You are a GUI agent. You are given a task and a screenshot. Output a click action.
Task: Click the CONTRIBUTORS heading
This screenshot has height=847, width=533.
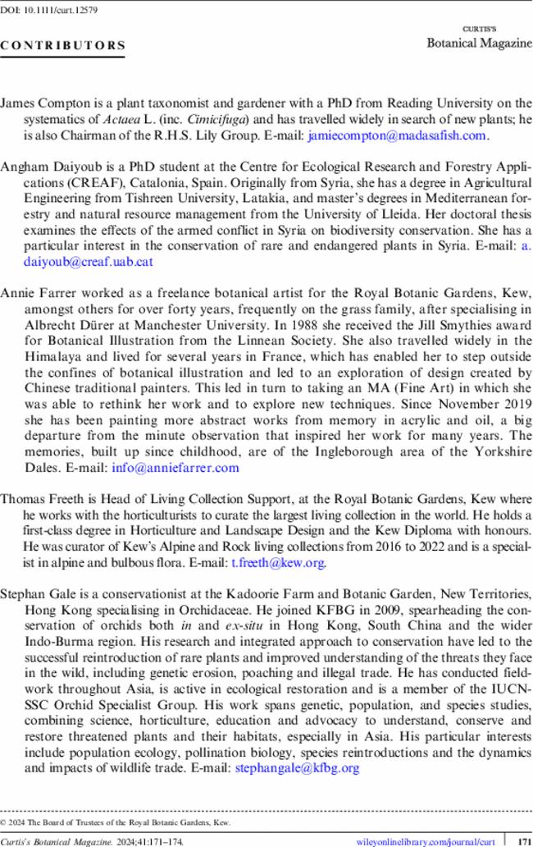[63, 46]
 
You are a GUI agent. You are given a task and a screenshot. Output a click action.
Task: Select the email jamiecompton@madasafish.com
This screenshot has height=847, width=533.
[398, 135]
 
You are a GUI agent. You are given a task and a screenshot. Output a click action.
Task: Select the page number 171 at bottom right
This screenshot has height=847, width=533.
[518, 841]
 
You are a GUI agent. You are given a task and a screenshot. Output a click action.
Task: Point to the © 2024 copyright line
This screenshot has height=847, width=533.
[115, 822]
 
